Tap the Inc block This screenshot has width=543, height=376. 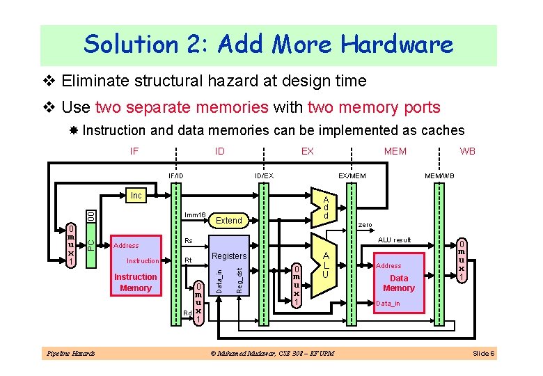(x=136, y=196)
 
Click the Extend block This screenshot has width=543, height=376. (x=229, y=220)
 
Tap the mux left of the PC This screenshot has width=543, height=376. (x=71, y=244)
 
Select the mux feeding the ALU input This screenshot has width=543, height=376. (x=297, y=285)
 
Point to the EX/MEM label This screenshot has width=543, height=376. (x=352, y=175)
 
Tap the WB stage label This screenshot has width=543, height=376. (x=468, y=150)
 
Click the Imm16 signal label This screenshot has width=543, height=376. (x=194, y=215)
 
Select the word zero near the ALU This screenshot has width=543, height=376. (x=364, y=226)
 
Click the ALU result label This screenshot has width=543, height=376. (x=394, y=240)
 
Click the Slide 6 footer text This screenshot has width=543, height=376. (x=483, y=354)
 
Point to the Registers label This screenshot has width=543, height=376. (x=229, y=256)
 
